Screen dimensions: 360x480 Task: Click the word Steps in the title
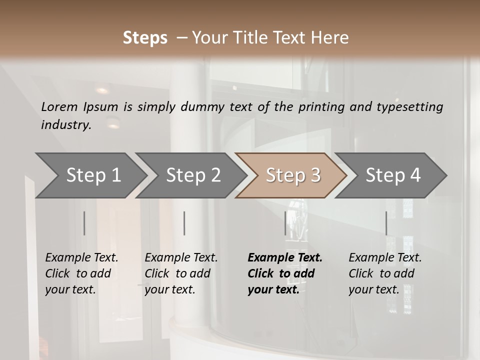pos(145,38)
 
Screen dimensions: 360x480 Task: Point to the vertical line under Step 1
pos(84,223)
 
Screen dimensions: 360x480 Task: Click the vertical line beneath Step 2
pos(184,223)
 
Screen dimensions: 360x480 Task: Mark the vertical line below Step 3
pos(285,223)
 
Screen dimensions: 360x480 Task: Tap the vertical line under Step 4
pos(386,223)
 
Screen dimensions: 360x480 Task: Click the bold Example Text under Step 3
pos(285,258)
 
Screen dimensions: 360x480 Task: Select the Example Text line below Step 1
pos(81,258)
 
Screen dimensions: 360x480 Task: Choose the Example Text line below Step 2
pos(181,258)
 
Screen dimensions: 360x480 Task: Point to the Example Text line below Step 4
pos(385,258)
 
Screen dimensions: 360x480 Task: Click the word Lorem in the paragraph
pos(59,106)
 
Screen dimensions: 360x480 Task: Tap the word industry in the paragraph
pos(65,125)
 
